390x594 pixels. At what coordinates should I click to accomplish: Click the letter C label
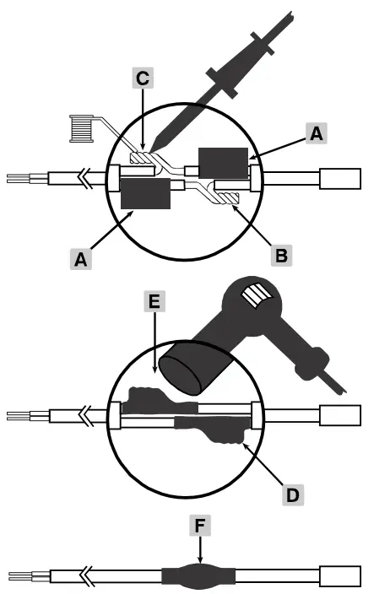(143, 78)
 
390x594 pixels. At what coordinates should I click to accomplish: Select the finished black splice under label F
(199, 578)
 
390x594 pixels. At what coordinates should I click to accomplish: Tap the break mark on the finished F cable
(86, 578)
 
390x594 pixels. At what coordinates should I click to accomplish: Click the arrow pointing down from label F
(200, 553)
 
